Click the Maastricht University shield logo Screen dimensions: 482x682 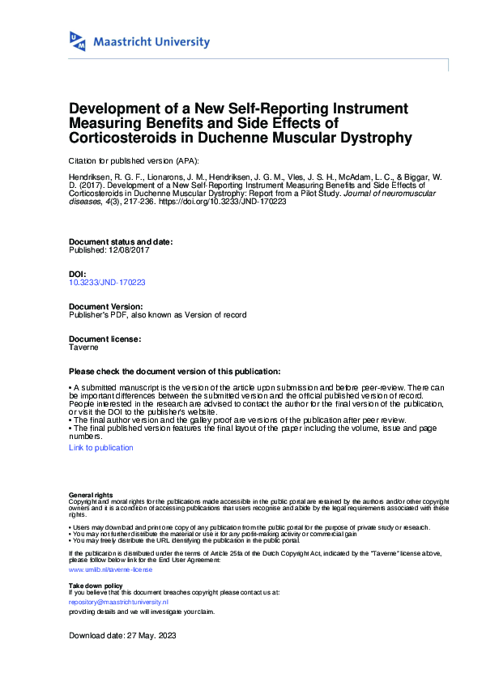pyautogui.click(x=78, y=41)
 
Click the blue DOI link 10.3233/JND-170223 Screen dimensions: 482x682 pyautogui.click(x=107, y=283)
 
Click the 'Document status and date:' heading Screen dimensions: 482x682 pyautogui.click(x=121, y=242)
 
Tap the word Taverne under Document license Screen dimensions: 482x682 pyautogui.click(x=84, y=347)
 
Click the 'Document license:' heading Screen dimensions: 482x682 pyautogui.click(x=105, y=339)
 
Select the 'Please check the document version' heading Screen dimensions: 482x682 pyautogui.click(x=175, y=371)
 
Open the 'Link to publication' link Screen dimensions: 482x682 pyautogui.click(x=101, y=447)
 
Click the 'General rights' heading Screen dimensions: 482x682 pyautogui.click(x=91, y=494)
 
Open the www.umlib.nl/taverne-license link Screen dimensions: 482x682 pyautogui.click(x=110, y=569)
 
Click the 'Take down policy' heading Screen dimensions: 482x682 pyautogui.click(x=96, y=585)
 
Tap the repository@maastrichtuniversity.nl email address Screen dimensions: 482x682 pyautogui.click(x=118, y=603)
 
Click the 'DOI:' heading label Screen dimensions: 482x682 pyautogui.click(x=79, y=275)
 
